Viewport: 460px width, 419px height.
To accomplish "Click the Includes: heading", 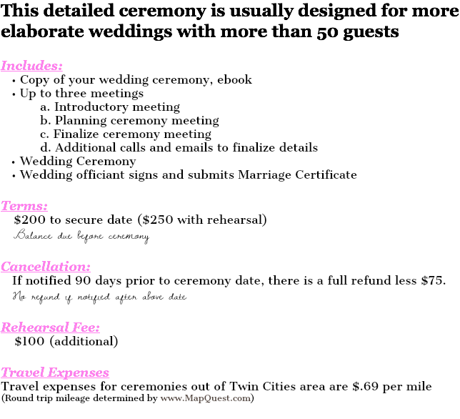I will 31,66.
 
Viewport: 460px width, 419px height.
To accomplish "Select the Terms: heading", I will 24,206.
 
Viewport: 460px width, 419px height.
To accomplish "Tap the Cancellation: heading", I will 46,267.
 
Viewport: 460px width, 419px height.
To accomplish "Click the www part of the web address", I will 170,399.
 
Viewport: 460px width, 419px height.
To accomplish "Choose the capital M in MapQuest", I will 187,398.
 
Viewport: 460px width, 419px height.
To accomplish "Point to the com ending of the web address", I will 241,399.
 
